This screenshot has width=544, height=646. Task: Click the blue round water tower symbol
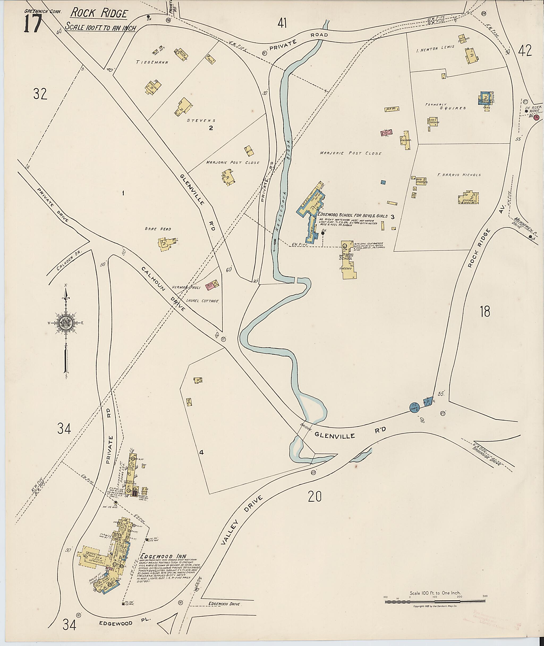pyautogui.click(x=414, y=407)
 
